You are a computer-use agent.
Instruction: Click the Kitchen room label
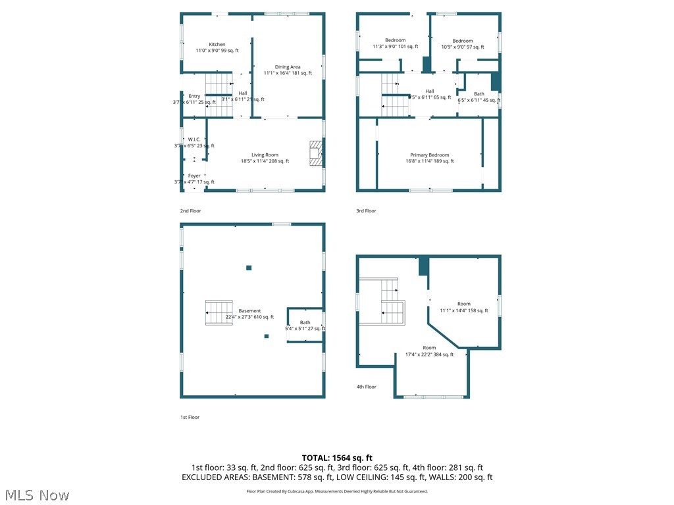[x=217, y=45]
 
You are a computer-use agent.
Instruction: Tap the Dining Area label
[x=288, y=67]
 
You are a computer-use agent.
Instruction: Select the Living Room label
[x=265, y=155]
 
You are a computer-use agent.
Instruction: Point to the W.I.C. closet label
[x=194, y=139]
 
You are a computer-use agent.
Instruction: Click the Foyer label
[x=194, y=176]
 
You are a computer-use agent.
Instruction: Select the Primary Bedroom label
[x=429, y=155]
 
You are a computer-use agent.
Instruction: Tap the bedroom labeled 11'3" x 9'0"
[x=395, y=41]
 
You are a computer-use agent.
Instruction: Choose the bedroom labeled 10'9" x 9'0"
[x=462, y=41]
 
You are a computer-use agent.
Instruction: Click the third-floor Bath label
[x=479, y=94]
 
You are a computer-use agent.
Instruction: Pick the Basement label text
[x=249, y=311]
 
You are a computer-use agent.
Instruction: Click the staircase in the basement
[x=219, y=314]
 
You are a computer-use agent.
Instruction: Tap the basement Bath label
[x=305, y=323]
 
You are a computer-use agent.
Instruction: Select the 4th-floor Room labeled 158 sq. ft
[x=464, y=304]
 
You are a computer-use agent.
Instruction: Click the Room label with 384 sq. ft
[x=429, y=348]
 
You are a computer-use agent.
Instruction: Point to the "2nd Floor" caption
[x=191, y=211]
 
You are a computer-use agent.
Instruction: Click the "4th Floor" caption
[x=367, y=387]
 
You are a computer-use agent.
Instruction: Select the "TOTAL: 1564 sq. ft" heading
[x=337, y=458]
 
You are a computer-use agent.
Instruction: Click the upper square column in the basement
[x=249, y=268]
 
